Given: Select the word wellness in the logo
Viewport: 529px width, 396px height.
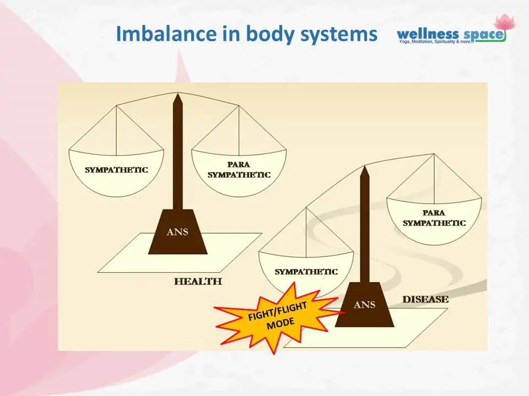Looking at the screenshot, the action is tap(428, 34).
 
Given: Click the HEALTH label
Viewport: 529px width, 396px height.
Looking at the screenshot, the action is tap(198, 282).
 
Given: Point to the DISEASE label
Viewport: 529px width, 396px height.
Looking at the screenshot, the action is tap(425, 299).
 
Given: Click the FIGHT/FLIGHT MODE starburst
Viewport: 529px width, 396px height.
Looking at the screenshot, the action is tap(277, 317).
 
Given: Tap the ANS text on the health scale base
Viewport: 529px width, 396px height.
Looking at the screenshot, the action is tap(177, 232).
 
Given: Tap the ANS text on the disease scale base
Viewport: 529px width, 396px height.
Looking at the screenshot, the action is tap(364, 305).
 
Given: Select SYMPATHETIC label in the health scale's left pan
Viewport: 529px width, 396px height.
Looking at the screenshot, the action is tap(116, 170).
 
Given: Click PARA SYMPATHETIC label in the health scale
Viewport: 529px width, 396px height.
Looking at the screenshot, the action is tap(239, 169).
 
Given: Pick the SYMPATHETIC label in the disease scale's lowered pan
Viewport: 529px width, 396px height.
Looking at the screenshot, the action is tap(306, 272).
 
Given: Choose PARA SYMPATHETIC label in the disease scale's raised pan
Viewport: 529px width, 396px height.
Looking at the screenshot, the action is tap(434, 218).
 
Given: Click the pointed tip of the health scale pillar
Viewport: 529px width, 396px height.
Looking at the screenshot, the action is tap(178, 94).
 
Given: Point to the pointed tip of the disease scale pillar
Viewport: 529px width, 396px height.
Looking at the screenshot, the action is tap(364, 166).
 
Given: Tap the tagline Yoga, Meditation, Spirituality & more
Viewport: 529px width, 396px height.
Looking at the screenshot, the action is tap(436, 42).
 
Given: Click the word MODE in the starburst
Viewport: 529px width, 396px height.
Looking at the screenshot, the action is tap(280, 324).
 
